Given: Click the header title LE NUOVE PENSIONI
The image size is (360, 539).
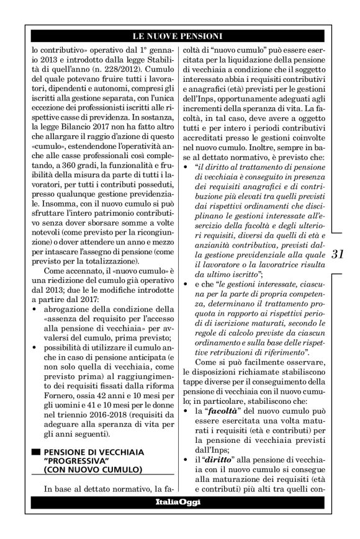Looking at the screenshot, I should click(180, 37).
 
